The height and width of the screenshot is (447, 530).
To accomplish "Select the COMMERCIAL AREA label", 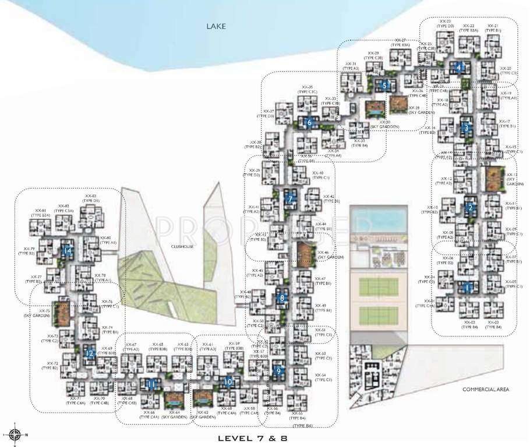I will tap(487, 389).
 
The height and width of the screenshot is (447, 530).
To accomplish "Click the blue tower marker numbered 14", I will tap(68, 251).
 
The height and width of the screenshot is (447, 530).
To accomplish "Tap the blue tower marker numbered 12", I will tap(90, 353).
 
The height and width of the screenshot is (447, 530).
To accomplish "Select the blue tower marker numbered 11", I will tap(151, 384).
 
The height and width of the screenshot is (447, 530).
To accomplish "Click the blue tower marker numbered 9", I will tap(279, 370).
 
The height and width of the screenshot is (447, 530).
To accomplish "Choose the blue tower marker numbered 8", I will tap(282, 297).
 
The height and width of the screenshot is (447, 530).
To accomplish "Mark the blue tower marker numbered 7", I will tap(290, 198).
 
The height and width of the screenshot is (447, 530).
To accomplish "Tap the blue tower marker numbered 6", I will tap(309, 123).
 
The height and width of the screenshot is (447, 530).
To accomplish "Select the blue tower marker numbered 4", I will tap(460, 68).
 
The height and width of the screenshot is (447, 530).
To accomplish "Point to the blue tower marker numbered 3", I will tap(465, 128).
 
